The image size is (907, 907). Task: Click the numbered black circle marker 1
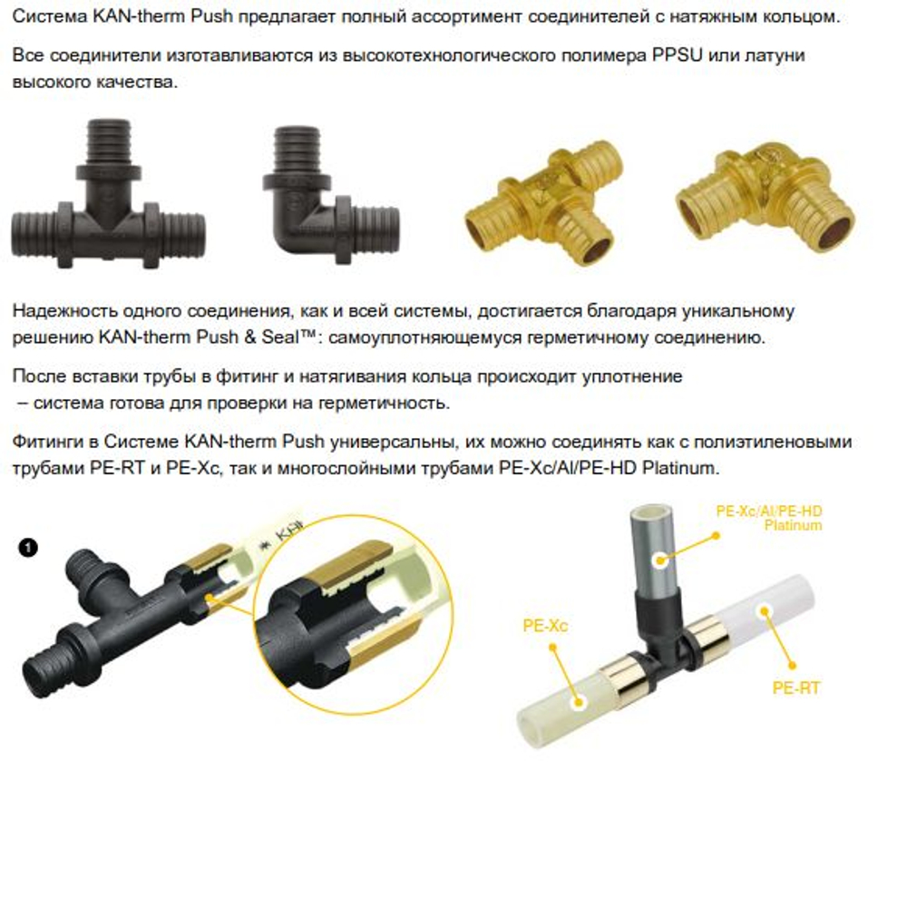click(x=28, y=547)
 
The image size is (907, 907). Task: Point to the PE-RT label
click(x=795, y=688)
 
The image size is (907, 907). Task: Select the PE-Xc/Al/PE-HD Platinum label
click(x=768, y=518)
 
